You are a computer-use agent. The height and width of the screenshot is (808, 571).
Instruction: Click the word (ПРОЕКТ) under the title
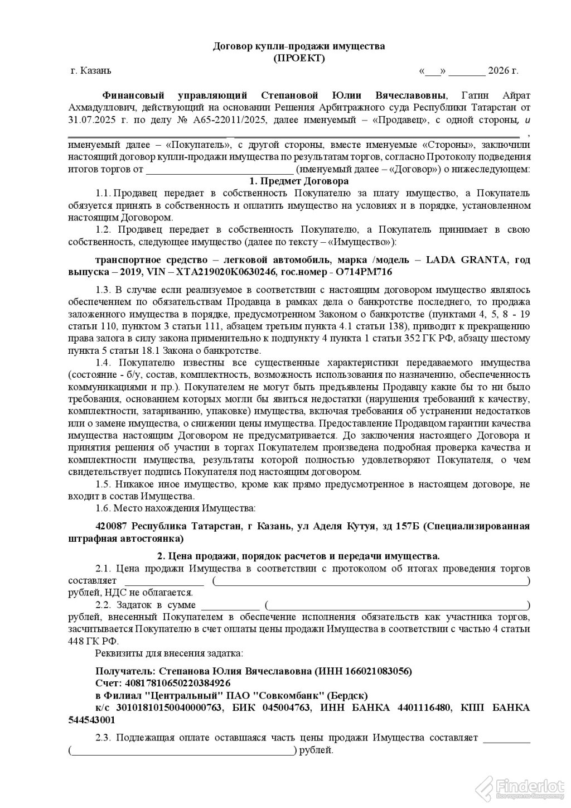coord(298,57)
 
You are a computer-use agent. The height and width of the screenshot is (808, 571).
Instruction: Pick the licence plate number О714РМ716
coord(362,271)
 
